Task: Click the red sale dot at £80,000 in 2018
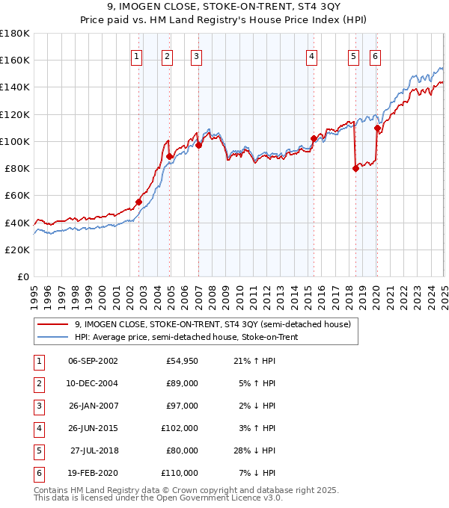click(x=355, y=168)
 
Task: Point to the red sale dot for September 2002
click(x=138, y=202)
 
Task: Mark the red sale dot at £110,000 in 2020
click(x=377, y=128)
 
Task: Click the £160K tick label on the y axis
click(x=15, y=60)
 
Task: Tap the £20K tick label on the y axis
click(x=17, y=250)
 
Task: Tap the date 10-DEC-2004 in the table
click(x=93, y=384)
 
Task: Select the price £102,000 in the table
click(x=180, y=428)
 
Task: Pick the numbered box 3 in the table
click(x=38, y=406)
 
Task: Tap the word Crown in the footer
click(x=225, y=490)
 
